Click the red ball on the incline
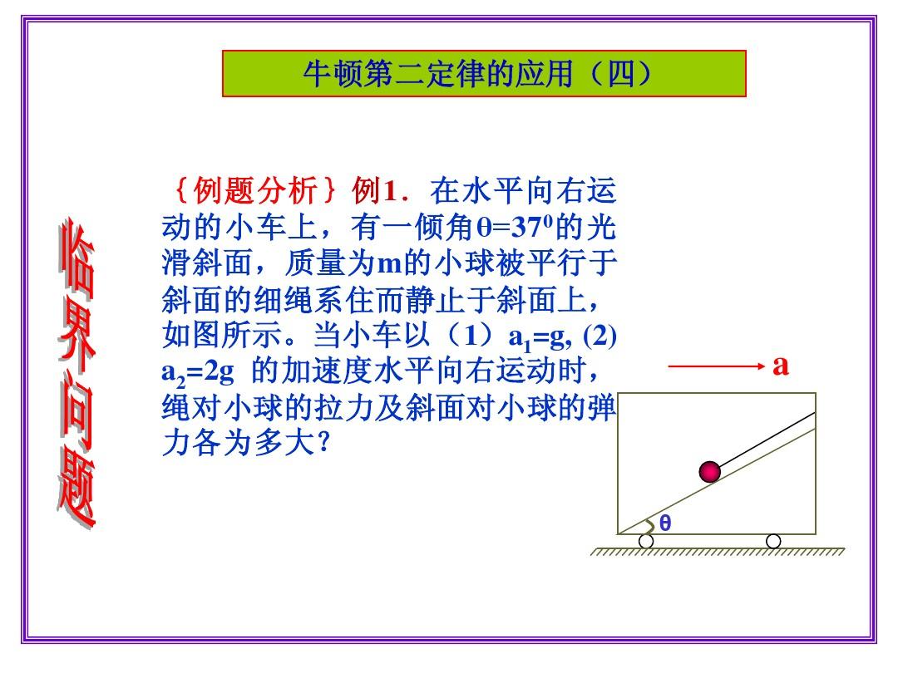[709, 472]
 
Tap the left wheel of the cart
[646, 541]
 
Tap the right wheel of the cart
[773, 541]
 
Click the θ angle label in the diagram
[665, 523]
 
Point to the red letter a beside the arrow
[781, 365]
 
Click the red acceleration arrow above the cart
[717, 366]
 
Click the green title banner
[484, 73]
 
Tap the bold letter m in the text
[389, 264]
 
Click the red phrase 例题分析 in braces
[255, 191]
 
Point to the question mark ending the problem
[324, 443]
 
